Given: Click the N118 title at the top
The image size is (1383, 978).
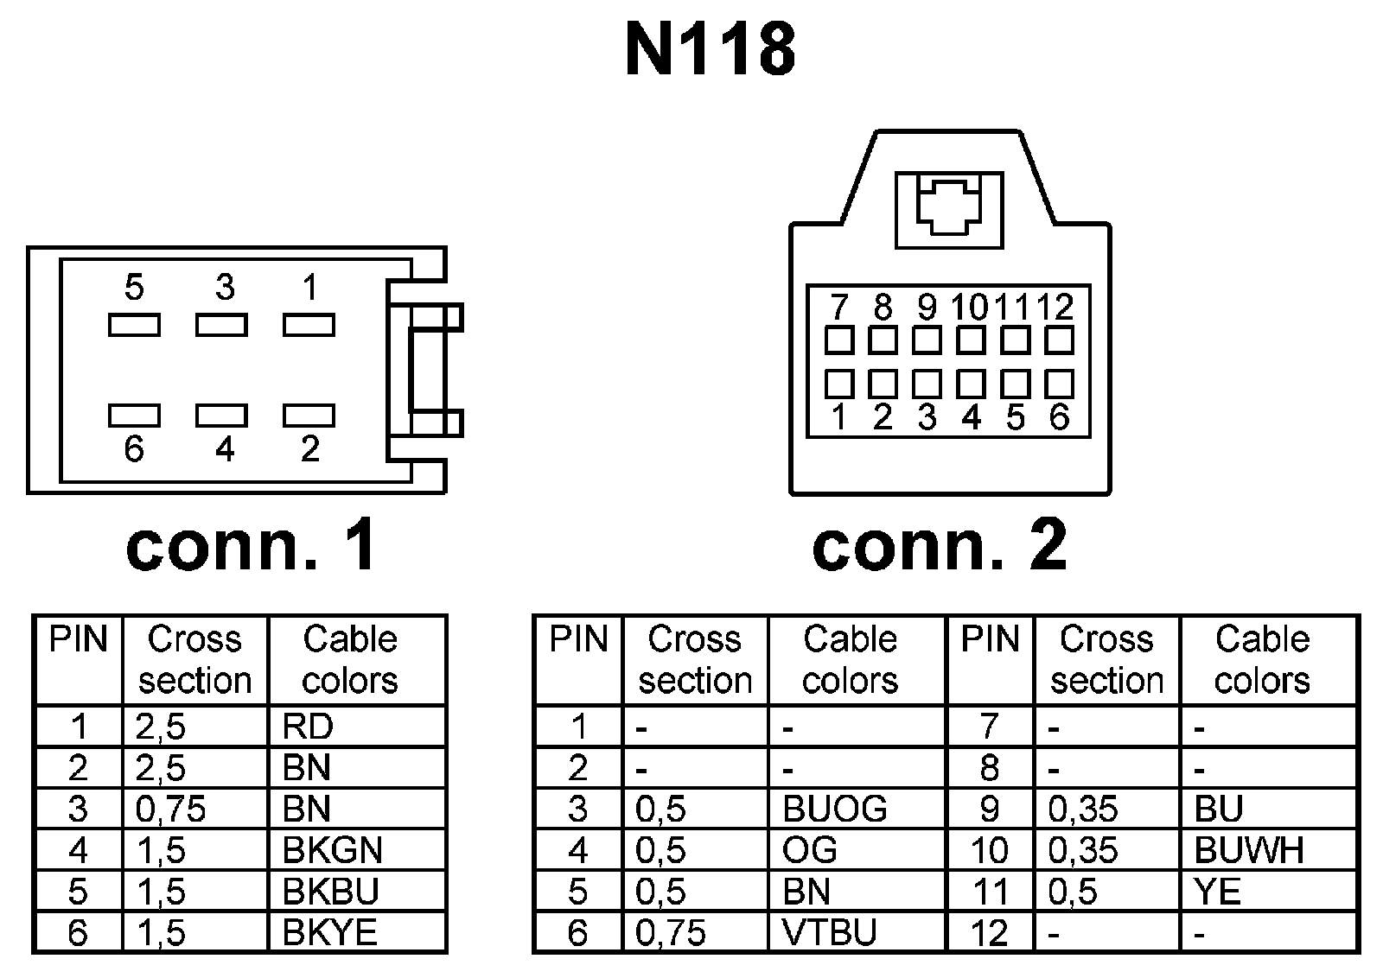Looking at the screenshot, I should [x=710, y=50].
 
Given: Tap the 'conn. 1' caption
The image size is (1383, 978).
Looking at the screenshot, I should [x=251, y=547].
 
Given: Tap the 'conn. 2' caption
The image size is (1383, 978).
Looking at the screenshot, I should [x=940, y=547].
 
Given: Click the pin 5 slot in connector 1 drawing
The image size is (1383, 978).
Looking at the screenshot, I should [x=134, y=325].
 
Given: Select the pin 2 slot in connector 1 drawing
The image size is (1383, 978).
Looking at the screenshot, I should [x=309, y=416].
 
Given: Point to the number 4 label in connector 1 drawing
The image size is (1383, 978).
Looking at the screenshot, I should [x=225, y=449].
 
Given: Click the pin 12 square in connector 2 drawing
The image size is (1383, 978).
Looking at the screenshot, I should [x=1059, y=340].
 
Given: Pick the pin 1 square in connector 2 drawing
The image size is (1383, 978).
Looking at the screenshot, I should [x=838, y=384].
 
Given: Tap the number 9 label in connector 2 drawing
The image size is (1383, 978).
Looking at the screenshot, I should [x=927, y=308].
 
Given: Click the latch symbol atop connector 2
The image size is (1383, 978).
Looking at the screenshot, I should [x=949, y=209].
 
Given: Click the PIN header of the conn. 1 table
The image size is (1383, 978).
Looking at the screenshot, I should [x=79, y=640].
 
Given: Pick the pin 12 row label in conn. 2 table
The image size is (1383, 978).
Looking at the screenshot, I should [x=990, y=933].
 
